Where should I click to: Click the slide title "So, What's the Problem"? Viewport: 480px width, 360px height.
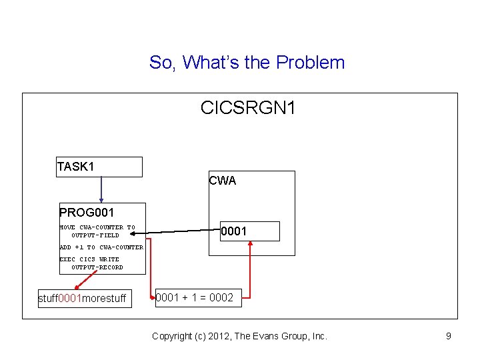(x=247, y=63)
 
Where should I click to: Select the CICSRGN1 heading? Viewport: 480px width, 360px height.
(x=247, y=107)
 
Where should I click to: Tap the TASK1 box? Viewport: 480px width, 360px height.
(x=99, y=167)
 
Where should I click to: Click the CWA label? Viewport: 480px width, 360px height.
(x=222, y=181)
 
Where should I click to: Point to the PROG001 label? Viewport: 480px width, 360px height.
(x=87, y=213)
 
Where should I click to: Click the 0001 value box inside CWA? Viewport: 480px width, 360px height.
(x=250, y=231)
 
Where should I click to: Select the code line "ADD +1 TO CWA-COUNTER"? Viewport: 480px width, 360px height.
(x=101, y=247)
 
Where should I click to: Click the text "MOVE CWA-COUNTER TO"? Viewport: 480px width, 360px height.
(x=97, y=227)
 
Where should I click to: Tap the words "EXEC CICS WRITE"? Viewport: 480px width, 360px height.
(x=89, y=259)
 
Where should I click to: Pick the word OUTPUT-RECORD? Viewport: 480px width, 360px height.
(x=97, y=267)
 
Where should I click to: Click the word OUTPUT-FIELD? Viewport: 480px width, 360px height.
(x=95, y=235)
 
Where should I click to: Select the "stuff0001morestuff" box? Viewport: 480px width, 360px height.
(x=83, y=298)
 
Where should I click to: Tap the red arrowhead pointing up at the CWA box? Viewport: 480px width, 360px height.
(x=250, y=244)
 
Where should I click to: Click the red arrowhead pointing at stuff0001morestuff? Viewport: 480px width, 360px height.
(x=77, y=287)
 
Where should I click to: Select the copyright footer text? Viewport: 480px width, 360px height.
(x=239, y=336)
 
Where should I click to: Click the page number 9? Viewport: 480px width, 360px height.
(x=449, y=336)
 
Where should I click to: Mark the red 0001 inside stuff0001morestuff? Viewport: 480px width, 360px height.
(x=70, y=298)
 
